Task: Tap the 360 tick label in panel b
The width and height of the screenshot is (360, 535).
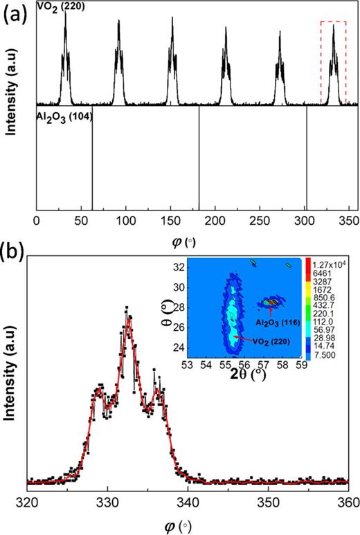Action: [348, 502]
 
